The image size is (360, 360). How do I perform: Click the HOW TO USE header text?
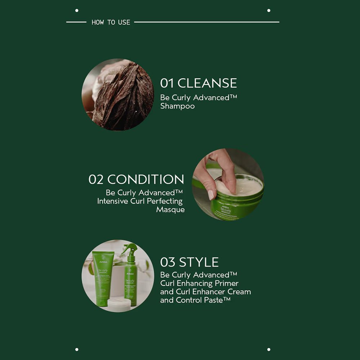(111, 22)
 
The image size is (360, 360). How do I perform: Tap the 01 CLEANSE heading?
(198, 83)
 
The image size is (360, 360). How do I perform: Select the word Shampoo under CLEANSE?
(177, 106)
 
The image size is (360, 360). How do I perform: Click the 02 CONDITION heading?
(136, 179)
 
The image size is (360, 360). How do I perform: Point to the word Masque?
(170, 210)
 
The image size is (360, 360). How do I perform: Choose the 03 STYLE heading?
(189, 262)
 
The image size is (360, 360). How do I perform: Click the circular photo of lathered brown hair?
(118, 95)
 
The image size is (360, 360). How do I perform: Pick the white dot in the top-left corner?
(77, 10)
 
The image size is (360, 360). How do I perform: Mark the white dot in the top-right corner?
(269, 10)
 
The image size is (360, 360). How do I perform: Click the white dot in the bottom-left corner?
(77, 349)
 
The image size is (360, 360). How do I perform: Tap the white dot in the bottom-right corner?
(269, 349)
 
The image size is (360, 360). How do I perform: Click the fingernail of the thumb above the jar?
(211, 195)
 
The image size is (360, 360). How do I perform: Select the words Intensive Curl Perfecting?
(140, 201)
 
